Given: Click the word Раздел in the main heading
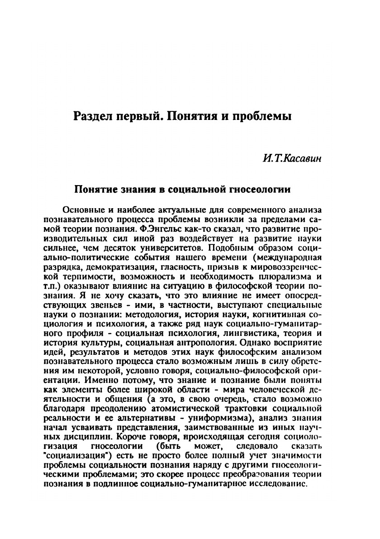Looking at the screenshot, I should coord(93,116).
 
